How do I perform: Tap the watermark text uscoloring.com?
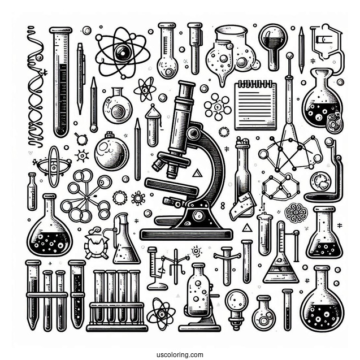[x=179, y=354]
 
